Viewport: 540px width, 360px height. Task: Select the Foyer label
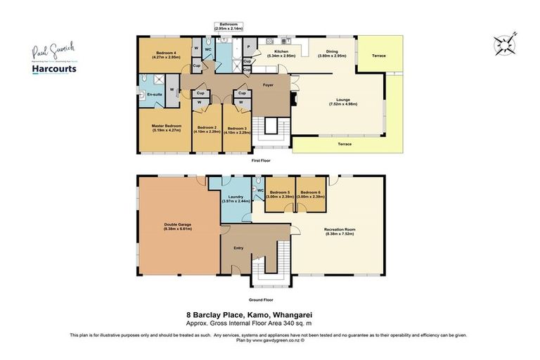pos(269,89)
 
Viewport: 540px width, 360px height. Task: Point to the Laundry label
pos(231,199)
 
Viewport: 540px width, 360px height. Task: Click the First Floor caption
pos(261,160)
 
